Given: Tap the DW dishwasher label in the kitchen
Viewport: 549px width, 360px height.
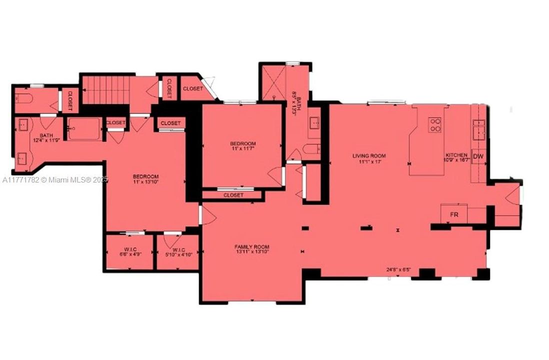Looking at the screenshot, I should click(478, 156).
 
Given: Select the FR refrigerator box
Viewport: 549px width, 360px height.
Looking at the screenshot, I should click(454, 214).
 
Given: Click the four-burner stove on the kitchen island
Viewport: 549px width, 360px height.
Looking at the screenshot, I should click(435, 124).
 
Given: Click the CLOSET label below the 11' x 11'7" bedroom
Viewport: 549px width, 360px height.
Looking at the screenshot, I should click(233, 195).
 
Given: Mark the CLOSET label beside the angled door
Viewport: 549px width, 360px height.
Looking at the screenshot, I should click(192, 89).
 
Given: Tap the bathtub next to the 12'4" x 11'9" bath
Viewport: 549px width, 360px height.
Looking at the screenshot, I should click(83, 129).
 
